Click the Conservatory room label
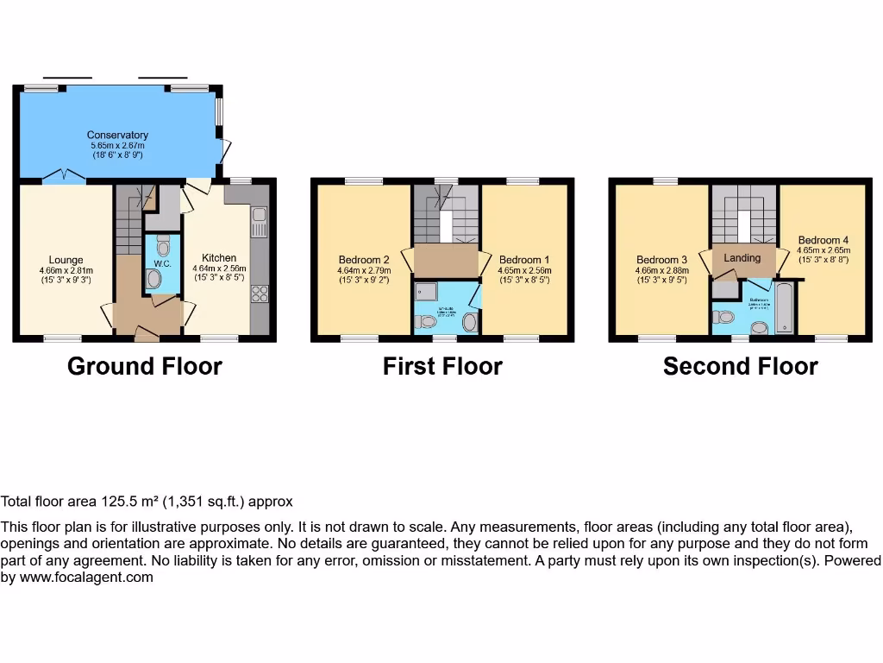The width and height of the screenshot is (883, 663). pos(117,135)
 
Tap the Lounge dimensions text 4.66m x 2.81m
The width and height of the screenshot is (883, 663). pos(66,269)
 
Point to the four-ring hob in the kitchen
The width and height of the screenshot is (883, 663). pos(259,293)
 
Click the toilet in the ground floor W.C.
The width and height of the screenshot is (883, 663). pos(154,279)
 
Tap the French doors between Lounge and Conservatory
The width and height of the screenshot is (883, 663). pos(65,178)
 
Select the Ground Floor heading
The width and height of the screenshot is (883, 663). pos(144,366)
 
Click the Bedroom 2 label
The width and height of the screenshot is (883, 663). pos(364,260)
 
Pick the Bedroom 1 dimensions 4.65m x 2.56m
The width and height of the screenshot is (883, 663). pos(524,270)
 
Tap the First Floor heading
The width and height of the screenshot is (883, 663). pos(442,366)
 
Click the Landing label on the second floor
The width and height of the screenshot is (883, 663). pos(742,257)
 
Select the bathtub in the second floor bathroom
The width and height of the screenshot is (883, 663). pos(784,306)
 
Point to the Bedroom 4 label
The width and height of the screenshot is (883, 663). pos(823,240)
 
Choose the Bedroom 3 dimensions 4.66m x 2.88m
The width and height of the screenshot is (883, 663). pos(662,269)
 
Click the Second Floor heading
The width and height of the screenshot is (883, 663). pos(740,366)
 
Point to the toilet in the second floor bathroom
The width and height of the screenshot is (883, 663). pos(723,316)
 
